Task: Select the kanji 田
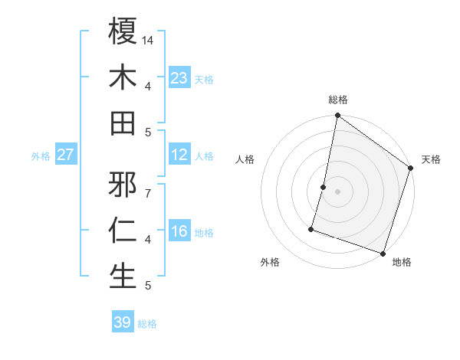(123, 123)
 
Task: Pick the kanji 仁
(123, 231)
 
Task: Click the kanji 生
(123, 276)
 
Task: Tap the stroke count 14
(147, 40)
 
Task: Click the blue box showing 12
(179, 155)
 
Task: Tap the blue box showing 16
(179, 231)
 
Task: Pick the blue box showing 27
(65, 155)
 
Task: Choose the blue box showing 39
(122, 322)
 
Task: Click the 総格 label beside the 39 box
(147, 324)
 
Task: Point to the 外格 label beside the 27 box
(41, 156)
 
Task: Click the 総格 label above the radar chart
(337, 100)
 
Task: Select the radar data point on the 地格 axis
(383, 253)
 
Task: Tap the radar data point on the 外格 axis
(311, 228)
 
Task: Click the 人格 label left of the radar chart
(245, 160)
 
